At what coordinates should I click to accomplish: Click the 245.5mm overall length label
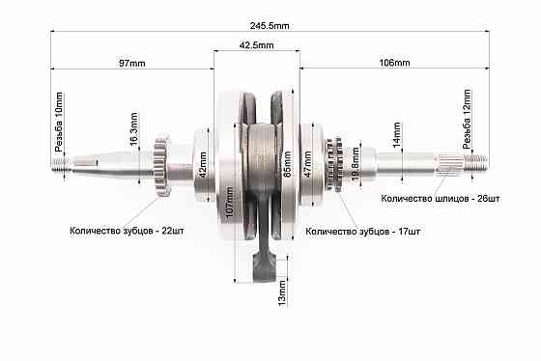click(270, 26)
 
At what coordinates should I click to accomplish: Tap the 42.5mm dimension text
click(256, 45)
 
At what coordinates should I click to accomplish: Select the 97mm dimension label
click(132, 64)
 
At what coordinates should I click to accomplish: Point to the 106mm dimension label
click(395, 63)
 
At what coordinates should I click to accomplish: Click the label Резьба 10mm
click(59, 122)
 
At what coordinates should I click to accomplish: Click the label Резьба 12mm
click(467, 119)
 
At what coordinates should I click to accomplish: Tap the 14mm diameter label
click(397, 134)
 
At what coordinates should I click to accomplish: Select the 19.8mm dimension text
click(356, 164)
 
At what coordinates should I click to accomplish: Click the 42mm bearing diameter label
click(203, 165)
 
